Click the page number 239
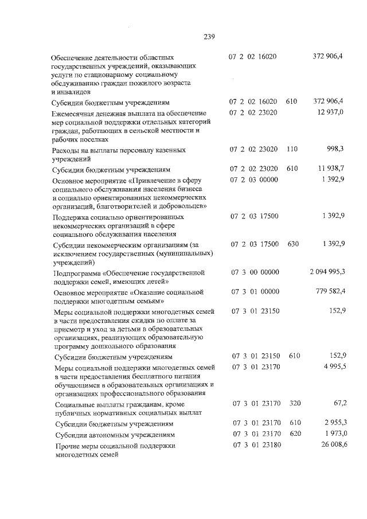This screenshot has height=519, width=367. click(209, 37)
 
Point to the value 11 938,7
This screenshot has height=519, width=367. click(330, 169)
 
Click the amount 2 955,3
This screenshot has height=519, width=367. click(333, 423)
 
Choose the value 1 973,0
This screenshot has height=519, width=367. click(333, 434)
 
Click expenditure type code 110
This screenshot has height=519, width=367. click(292, 149)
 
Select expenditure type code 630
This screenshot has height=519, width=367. click(293, 244)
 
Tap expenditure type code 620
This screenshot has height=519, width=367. click(295, 434)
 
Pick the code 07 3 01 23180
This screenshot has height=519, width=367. click(255, 445)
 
